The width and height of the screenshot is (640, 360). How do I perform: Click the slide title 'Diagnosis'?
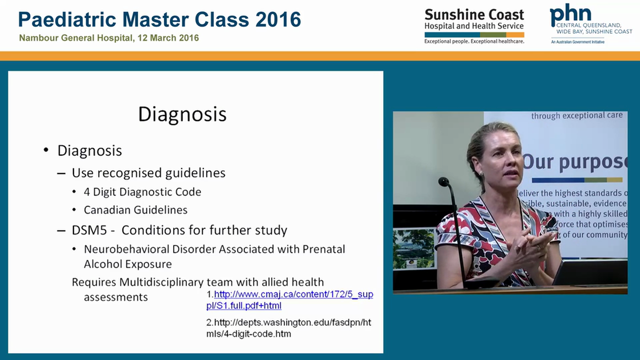(x=182, y=114)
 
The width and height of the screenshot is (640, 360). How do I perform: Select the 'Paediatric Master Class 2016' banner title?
(x=159, y=19)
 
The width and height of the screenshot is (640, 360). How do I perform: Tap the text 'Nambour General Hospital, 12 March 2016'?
(x=109, y=38)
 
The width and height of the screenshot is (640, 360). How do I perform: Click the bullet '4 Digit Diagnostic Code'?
(x=142, y=192)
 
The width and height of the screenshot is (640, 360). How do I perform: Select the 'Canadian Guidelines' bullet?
(x=135, y=210)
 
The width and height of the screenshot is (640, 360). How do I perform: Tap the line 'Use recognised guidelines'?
(x=148, y=173)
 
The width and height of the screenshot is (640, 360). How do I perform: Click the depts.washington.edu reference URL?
(x=289, y=328)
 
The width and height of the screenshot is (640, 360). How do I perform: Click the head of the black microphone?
(x=443, y=182)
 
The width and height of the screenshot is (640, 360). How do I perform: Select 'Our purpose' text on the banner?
(x=574, y=161)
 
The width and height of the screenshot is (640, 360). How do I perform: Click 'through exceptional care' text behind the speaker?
(x=576, y=116)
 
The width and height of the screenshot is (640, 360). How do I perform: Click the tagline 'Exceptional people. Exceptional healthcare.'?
(x=474, y=41)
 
